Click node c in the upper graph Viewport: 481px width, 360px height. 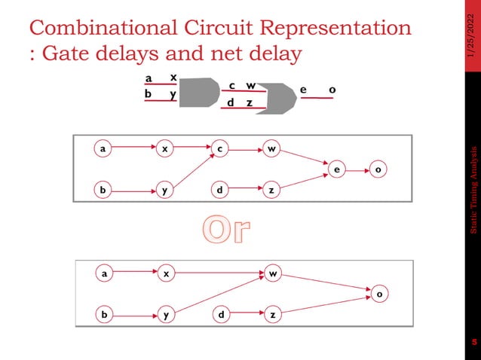(x=219, y=148)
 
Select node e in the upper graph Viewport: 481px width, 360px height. (x=335, y=170)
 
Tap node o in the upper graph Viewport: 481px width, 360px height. (x=378, y=170)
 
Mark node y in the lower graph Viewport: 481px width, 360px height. (x=164, y=315)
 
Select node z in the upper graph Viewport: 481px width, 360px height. (x=271, y=190)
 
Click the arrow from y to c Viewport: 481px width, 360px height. (x=191, y=169)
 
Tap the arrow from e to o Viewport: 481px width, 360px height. (x=357, y=170)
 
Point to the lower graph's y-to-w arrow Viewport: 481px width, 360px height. (x=218, y=294)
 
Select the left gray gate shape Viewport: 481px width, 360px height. (x=198, y=90)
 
